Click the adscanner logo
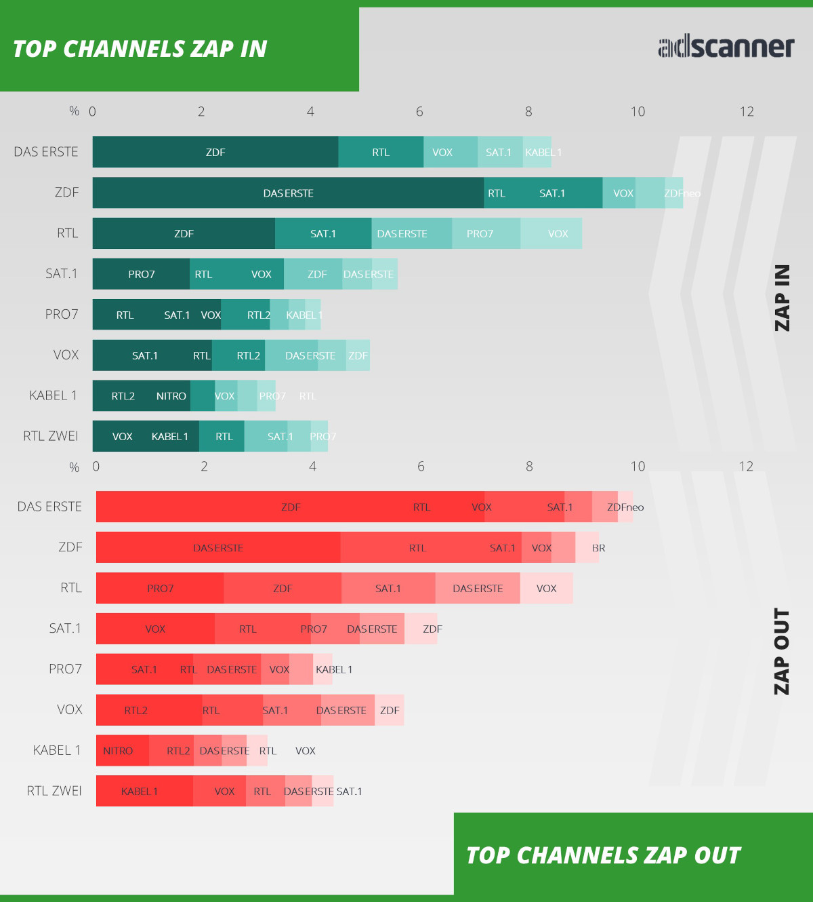coord(726,47)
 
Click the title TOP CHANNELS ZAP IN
coord(140,49)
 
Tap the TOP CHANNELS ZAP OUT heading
coord(603,855)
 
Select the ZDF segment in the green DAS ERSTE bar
coord(215,152)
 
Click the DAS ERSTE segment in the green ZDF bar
coord(288,193)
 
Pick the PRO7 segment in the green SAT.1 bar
coord(141,274)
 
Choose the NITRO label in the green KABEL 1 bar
coord(171,396)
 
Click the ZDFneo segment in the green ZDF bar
coord(675,193)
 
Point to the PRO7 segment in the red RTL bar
coord(160,588)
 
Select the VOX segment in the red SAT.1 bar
coord(155,629)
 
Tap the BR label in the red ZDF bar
coord(598,548)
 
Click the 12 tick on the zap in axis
coord(746,112)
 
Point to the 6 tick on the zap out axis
coord(421,467)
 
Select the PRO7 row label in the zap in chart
coord(62,315)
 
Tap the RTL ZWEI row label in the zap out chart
coord(54,791)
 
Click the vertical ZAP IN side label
coord(782,298)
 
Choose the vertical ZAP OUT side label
coord(782,651)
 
